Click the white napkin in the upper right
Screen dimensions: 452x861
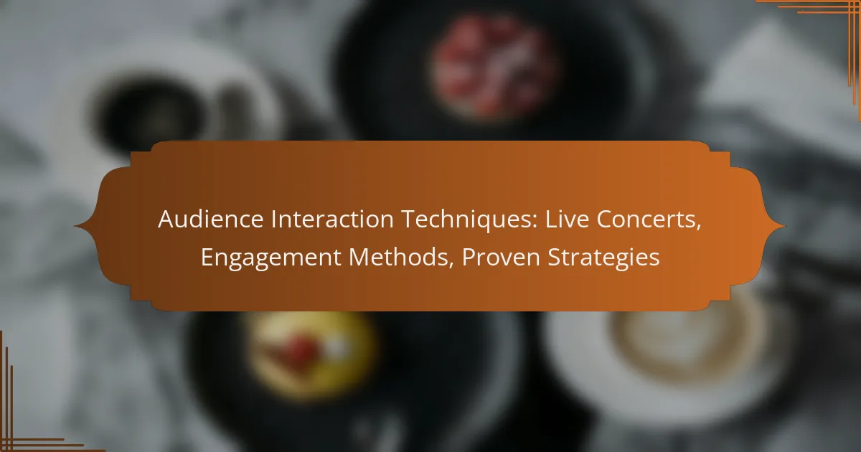(775, 86)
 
